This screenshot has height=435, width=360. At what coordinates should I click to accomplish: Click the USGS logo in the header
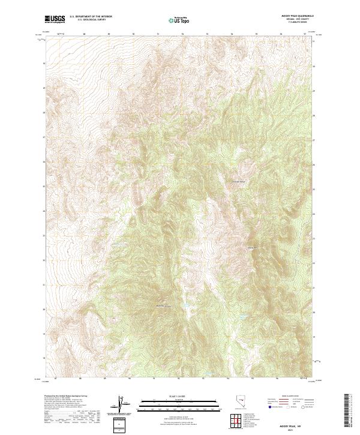click(x=55, y=19)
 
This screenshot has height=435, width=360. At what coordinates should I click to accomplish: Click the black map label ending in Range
click(x=239, y=181)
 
